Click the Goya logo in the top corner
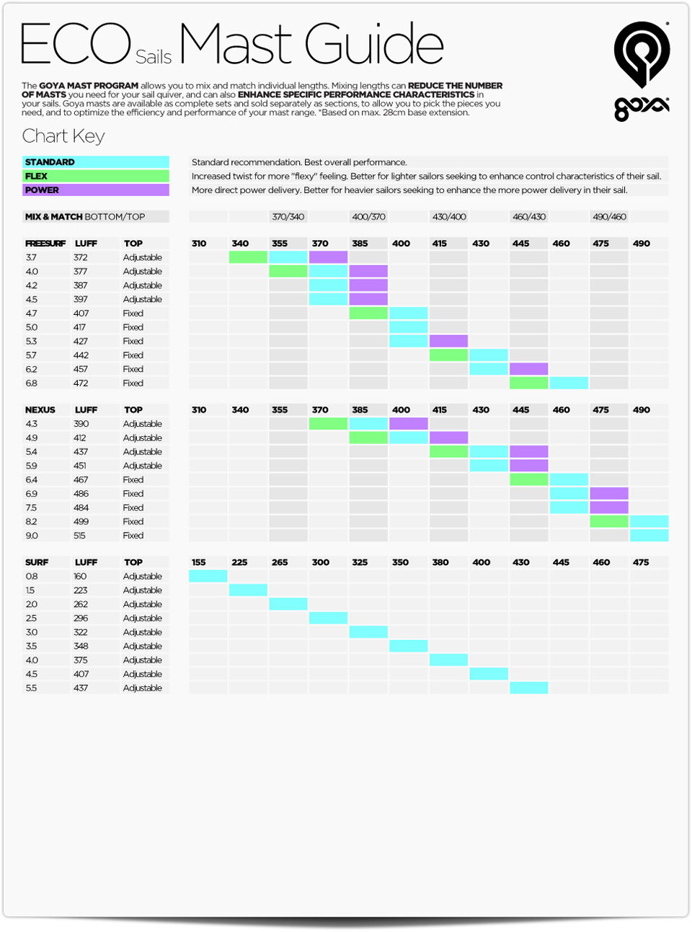(642, 71)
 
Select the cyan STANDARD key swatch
(95, 162)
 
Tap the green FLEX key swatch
(95, 176)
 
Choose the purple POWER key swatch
(95, 190)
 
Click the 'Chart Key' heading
(63, 136)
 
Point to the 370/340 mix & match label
(288, 217)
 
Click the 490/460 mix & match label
(609, 217)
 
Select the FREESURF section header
(45, 244)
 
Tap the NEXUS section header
(40, 409)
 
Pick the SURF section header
(37, 562)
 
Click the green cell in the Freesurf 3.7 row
(248, 257)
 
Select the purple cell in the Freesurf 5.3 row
(448, 341)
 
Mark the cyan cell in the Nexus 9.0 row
(649, 536)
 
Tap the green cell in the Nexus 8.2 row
(609, 521)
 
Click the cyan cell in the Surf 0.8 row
(208, 576)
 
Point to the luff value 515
(79, 536)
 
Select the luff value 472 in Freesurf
(81, 383)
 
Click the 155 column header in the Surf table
(199, 562)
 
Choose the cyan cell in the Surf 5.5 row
(529, 688)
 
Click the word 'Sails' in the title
(154, 57)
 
